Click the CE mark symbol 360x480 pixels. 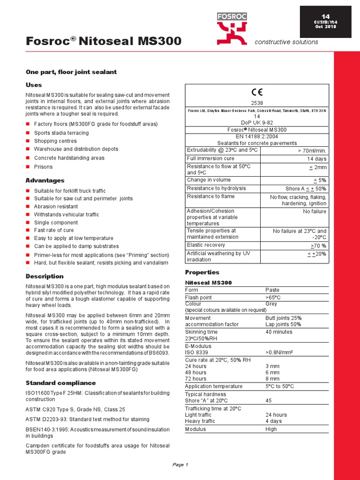tap(257, 92)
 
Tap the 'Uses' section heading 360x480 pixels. tap(33, 85)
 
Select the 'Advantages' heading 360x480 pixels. tap(45, 180)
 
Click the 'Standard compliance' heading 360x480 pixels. tap(60, 383)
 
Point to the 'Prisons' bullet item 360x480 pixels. tap(43, 167)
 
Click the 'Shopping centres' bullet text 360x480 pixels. tap(55, 141)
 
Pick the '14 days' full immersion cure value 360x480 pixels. tap(316, 159)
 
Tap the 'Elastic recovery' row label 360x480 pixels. tap(206, 245)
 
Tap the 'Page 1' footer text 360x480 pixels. tap(180, 465)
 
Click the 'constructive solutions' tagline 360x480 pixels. tap(286, 42)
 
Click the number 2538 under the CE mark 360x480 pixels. tap(257, 102)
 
